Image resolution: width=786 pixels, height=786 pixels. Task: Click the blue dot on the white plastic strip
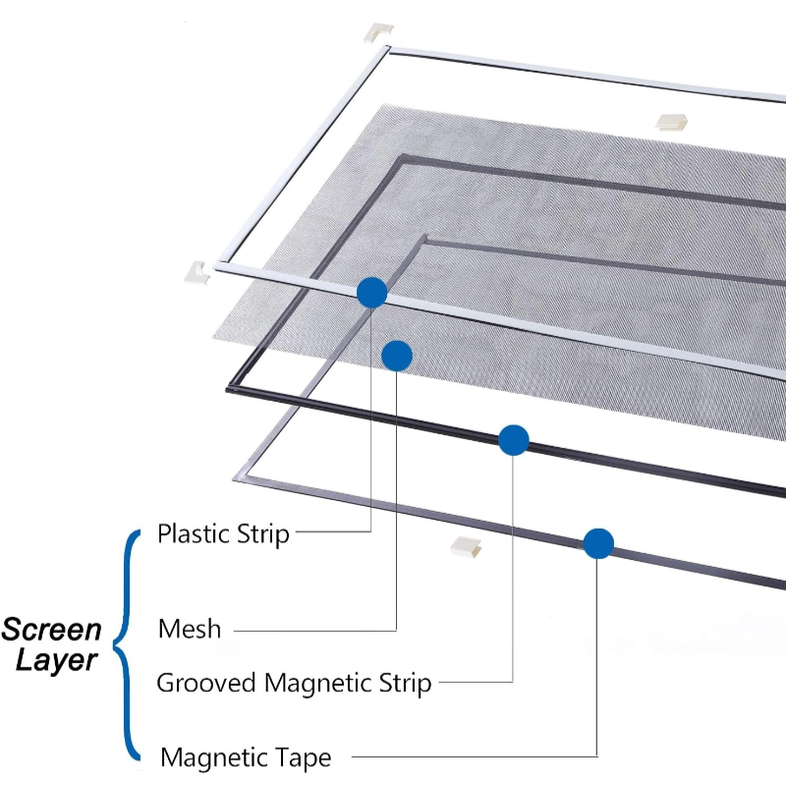pyautogui.click(x=371, y=292)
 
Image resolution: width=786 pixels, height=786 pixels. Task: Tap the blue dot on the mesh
pyautogui.click(x=396, y=356)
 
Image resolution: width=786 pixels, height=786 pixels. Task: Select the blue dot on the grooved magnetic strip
pyautogui.click(x=514, y=440)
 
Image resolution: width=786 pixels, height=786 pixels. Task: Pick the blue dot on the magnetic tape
pyautogui.click(x=598, y=543)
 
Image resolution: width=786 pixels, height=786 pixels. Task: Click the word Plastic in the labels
pyautogui.click(x=193, y=534)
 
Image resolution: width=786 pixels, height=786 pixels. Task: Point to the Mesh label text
pyautogui.click(x=190, y=629)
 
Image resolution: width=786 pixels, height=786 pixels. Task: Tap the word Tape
pyautogui.click(x=303, y=758)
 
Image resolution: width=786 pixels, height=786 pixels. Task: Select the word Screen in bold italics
pyautogui.click(x=51, y=629)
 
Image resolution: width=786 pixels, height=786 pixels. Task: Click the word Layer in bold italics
pyautogui.click(x=57, y=659)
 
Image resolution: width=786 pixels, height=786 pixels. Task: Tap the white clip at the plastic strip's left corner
pyautogui.click(x=196, y=271)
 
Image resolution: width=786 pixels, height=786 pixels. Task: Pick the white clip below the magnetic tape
pyautogui.click(x=466, y=548)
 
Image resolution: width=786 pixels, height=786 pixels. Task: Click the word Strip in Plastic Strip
pyautogui.click(x=264, y=534)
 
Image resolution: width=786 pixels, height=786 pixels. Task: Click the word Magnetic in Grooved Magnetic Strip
pyautogui.click(x=319, y=683)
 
